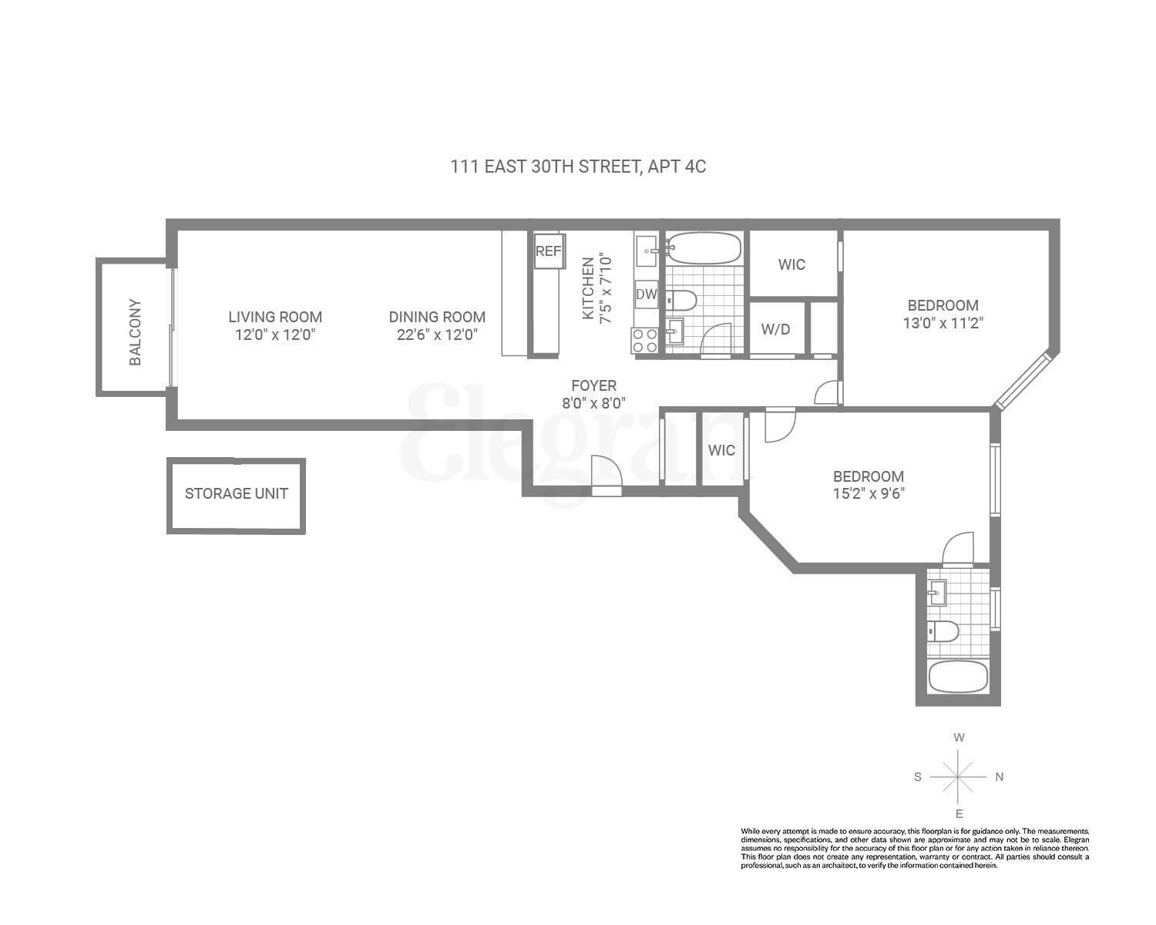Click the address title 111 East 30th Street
coord(578,166)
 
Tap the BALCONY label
coord(136,331)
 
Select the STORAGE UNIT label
coord(236,493)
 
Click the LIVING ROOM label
coord(275,317)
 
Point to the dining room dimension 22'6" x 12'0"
coord(437,335)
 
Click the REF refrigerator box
coord(548,251)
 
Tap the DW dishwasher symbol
coord(646,294)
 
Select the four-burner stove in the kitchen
coord(644,340)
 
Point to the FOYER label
coord(593,385)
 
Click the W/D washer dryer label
coord(775,330)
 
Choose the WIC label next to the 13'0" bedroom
coord(791,264)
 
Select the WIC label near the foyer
coord(721,450)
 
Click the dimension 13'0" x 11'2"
coord(943,323)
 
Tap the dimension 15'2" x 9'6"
coord(868,494)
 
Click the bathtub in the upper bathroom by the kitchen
coord(703,248)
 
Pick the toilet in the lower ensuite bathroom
coord(943,632)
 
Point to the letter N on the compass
coord(999,777)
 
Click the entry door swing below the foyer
coord(604,473)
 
